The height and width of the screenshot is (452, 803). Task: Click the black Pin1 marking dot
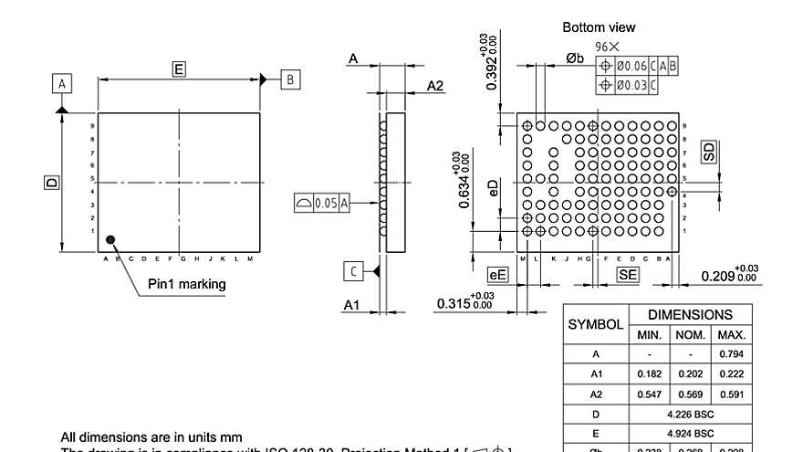111,240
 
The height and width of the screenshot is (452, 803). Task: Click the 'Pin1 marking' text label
187,284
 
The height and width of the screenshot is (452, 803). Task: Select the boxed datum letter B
289,79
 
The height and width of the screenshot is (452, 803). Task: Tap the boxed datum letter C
353,270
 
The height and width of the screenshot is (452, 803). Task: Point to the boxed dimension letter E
179,68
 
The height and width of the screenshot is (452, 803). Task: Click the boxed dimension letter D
51,183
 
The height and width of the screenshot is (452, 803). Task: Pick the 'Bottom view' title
599,27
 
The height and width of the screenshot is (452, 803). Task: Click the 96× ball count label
607,47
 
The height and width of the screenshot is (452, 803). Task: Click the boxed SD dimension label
709,152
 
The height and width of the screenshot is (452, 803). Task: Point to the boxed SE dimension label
628,274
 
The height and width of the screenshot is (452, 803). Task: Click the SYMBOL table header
596,324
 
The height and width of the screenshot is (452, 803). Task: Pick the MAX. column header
733,335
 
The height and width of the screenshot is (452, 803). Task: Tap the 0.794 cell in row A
733,353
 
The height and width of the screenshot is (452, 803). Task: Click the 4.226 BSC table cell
691,414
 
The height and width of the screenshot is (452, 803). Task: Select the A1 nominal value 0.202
691,373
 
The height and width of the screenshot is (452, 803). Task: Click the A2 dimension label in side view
435,86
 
